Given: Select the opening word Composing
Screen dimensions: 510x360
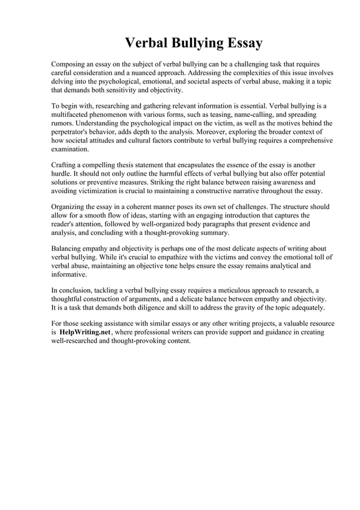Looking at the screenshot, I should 70,64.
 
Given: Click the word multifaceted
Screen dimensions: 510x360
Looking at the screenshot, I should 72,115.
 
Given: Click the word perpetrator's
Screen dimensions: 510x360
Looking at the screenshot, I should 72,132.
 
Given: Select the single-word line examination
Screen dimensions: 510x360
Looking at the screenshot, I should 70,149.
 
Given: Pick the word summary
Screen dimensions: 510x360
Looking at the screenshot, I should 215,232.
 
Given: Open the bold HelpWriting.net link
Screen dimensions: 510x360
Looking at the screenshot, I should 85,333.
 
